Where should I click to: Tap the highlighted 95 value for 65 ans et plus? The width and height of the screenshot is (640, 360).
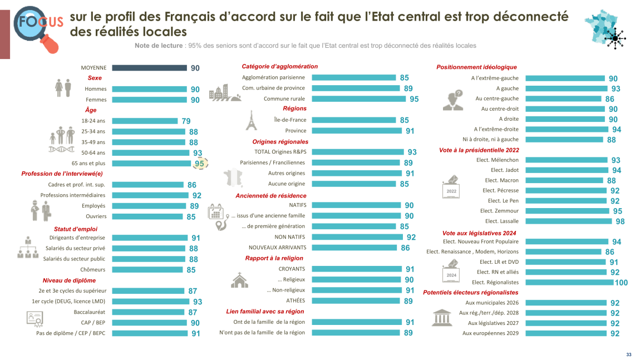click(199, 164)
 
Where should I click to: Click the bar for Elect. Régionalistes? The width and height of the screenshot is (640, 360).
click(569, 282)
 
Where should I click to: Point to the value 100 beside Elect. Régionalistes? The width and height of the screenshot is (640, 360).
click(621, 283)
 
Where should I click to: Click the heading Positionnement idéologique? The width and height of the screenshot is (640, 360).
click(476, 67)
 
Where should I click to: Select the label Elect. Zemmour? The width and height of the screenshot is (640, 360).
click(499, 211)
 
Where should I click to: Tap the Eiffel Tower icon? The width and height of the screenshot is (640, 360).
click(250, 120)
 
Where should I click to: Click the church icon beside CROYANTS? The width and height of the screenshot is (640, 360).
click(239, 280)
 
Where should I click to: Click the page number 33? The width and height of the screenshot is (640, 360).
click(628, 354)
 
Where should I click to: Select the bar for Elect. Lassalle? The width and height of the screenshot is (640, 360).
click(569, 221)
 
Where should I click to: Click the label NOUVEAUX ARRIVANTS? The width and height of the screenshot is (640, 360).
click(277, 247)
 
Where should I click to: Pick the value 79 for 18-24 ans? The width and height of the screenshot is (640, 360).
click(185, 121)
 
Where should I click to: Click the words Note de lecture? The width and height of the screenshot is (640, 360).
click(159, 46)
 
